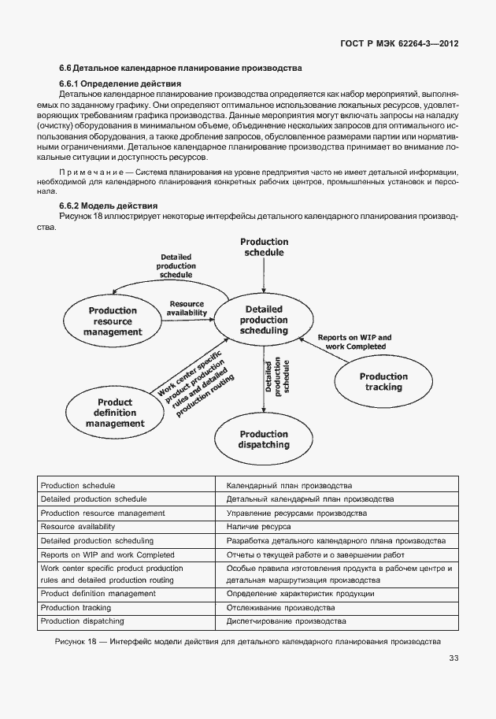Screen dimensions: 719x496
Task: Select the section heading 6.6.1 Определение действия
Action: pyautogui.click(x=120, y=83)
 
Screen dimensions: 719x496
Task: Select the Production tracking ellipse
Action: pyautogui.click(x=383, y=382)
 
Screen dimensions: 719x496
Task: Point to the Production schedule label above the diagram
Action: pyautogui.click(x=264, y=247)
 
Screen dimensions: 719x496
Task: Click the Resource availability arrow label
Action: pyautogui.click(x=187, y=308)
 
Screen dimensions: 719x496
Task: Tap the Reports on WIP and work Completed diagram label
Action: pyautogui.click(x=353, y=342)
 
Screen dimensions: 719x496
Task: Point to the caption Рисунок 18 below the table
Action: pyautogui.click(x=247, y=642)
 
